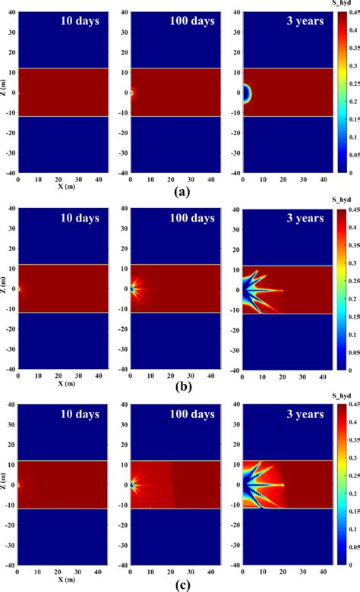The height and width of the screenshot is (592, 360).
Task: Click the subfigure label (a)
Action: pyautogui.click(x=180, y=192)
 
